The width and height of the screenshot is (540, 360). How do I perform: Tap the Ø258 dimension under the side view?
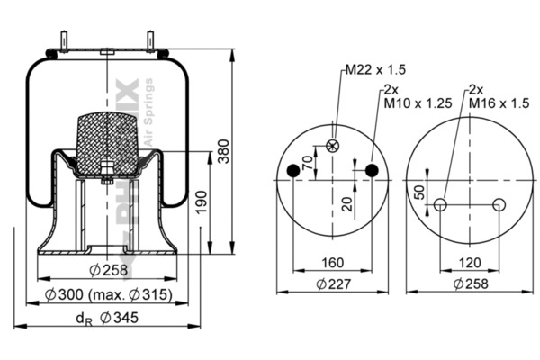pos(107,271)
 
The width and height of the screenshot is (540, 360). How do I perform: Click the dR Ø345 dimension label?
pos(106,318)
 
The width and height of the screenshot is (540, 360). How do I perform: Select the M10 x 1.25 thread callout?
pos(413,101)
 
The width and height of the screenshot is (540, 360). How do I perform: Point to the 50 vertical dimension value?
pos(419,192)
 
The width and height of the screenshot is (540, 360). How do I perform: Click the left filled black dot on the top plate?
pos(292,171)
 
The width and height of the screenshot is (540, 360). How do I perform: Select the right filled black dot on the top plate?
pos(372,171)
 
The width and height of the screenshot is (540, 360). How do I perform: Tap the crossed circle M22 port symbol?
pos(333,146)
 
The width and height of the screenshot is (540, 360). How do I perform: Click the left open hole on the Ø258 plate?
pos(440,205)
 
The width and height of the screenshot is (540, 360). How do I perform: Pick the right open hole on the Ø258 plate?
pos(499,205)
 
